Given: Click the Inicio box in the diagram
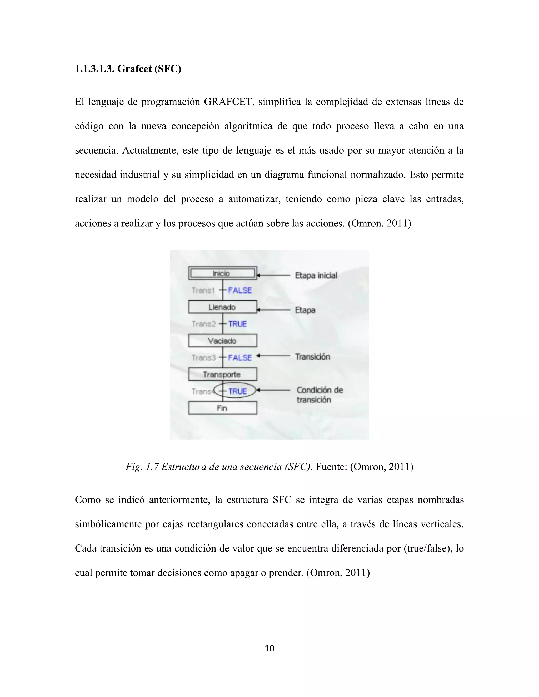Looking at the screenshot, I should pyautogui.click(x=223, y=273).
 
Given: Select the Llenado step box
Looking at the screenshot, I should pyautogui.click(x=223, y=307).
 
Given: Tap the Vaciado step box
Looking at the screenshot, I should pyautogui.click(x=223, y=341).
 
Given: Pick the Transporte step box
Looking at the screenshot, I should pyautogui.click(x=223, y=374).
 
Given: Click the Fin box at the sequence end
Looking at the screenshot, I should pyautogui.click(x=223, y=408).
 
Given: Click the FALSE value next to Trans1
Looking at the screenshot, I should pyautogui.click(x=240, y=290).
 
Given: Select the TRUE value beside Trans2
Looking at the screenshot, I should pyautogui.click(x=238, y=324).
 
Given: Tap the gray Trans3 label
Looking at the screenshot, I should pyautogui.click(x=204, y=357).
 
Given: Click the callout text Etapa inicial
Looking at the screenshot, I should pyautogui.click(x=316, y=275).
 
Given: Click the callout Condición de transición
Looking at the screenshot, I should pyautogui.click(x=319, y=395).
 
